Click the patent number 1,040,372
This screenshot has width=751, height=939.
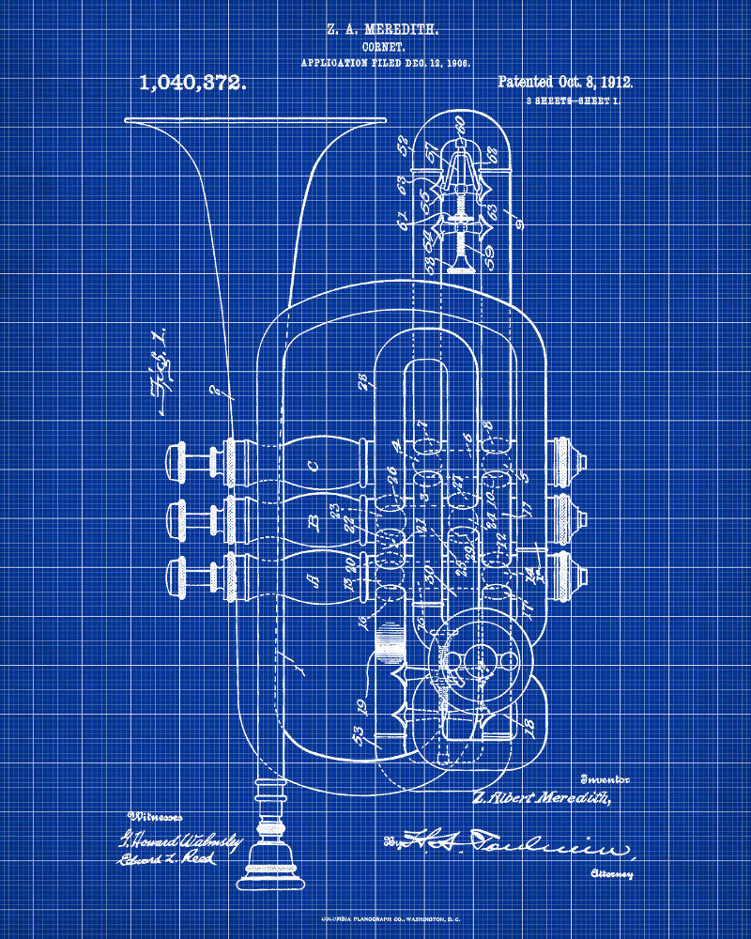[x=193, y=83]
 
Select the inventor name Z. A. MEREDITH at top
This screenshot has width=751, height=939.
[x=382, y=29]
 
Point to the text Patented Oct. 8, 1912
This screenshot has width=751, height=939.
[x=565, y=83]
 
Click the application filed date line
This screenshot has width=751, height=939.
[x=385, y=62]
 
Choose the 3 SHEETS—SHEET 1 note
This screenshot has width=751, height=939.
[x=573, y=100]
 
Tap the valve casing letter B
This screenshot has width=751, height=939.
[x=314, y=517]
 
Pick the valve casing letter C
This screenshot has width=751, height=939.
[x=313, y=462]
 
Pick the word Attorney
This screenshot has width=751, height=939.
[x=611, y=873]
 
